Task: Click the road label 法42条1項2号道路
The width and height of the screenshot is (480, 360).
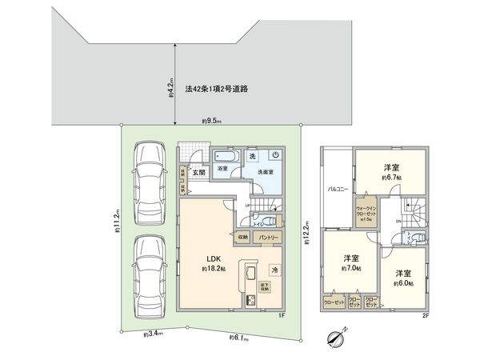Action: click(217, 90)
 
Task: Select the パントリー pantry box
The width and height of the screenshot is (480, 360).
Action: click(270, 238)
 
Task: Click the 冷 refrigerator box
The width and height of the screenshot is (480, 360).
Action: click(274, 269)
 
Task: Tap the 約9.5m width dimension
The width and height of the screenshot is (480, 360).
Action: click(211, 121)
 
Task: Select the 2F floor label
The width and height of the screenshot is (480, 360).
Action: click(426, 316)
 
